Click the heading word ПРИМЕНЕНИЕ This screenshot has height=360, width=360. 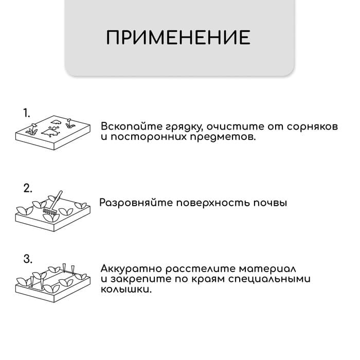point(178,38)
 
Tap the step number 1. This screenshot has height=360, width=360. point(27,113)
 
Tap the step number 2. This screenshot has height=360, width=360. point(28,188)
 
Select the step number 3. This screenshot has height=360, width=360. point(28,257)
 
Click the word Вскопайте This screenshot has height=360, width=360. point(126,127)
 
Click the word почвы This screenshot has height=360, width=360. point(271,203)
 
